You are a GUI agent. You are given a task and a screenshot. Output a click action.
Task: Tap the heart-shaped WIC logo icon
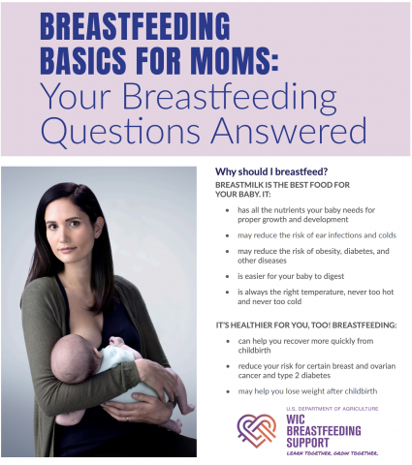tap(256, 429)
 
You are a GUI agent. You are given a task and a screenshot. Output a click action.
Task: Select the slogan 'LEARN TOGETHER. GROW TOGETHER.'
tap(332, 452)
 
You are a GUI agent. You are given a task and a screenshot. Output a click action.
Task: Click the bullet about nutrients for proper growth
tap(306, 213)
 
